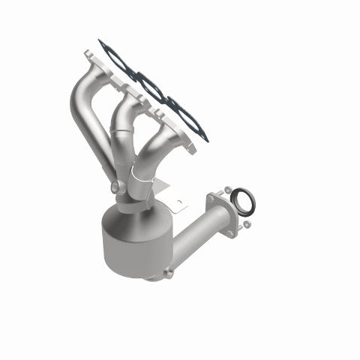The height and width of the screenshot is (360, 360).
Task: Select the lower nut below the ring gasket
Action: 245,223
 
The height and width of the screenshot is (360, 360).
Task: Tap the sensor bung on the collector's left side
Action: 113,187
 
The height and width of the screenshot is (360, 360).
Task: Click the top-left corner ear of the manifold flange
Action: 88,55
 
